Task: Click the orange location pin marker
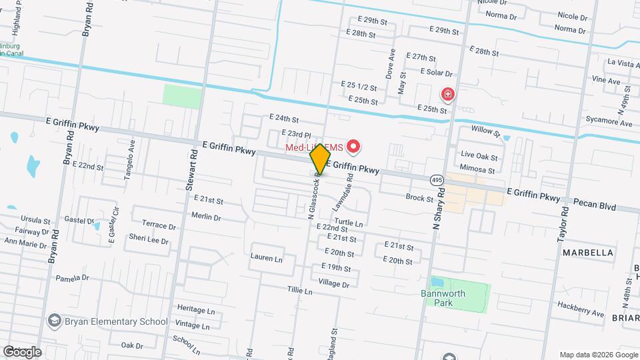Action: tap(321, 159)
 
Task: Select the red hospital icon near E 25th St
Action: tap(447, 95)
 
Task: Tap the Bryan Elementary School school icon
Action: tap(53, 321)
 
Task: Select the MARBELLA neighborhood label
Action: tap(587, 253)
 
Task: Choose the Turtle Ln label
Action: tap(349, 223)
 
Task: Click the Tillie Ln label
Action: tap(299, 291)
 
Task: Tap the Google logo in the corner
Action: tap(22, 351)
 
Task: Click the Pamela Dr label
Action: tap(72, 278)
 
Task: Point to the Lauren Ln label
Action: tap(267, 257)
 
